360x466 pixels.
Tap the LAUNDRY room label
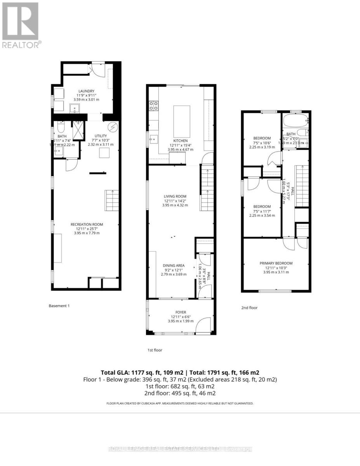[87, 91]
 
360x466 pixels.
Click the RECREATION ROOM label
[87, 224]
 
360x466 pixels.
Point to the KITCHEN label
[181, 141]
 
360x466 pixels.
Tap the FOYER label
[181, 312]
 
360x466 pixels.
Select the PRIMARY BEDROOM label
[276, 263]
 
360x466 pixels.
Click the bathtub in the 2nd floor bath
[296, 120]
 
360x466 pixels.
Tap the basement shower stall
[78, 130]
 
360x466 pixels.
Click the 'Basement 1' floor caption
[59, 306]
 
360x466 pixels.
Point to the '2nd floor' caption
[249, 308]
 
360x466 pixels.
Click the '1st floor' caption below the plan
[155, 350]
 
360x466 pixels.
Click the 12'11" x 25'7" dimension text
[87, 229]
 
